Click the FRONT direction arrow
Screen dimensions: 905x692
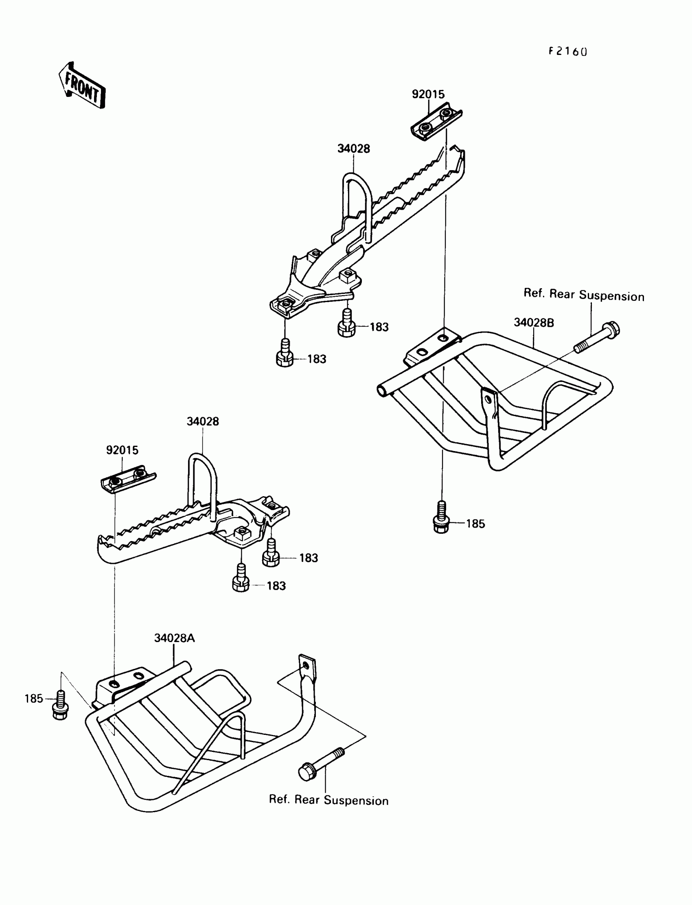click(82, 85)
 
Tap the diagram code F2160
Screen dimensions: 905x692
click(567, 51)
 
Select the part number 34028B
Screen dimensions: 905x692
click(533, 322)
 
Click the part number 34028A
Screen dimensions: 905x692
click(174, 638)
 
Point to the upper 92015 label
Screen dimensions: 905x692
click(428, 94)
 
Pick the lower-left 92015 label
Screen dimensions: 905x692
click(122, 450)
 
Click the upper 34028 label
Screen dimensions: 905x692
click(353, 149)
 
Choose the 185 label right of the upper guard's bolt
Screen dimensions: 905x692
click(475, 524)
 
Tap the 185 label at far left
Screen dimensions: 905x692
click(34, 699)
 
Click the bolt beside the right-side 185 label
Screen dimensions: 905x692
click(441, 518)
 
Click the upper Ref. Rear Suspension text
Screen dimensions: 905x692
click(584, 295)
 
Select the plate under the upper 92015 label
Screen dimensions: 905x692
click(436, 121)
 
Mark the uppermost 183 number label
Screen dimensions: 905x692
click(379, 327)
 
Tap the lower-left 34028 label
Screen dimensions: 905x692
click(203, 421)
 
